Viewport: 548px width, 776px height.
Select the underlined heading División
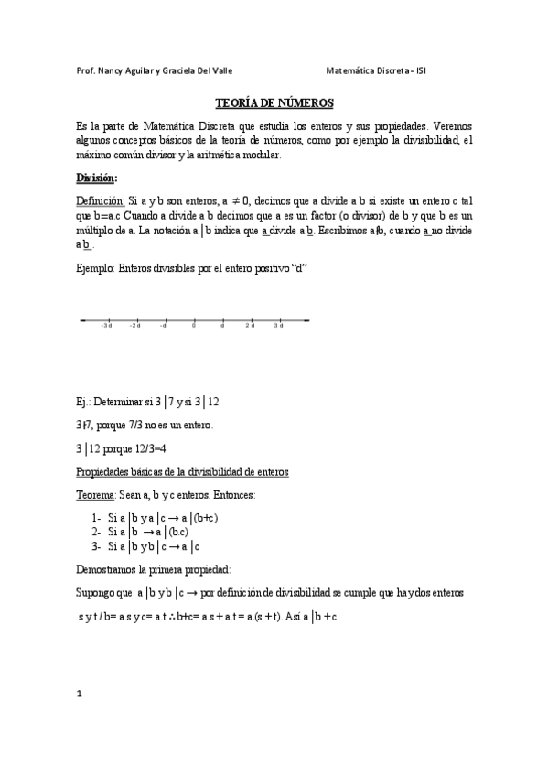[x=96, y=178]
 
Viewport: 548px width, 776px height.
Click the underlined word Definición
[x=100, y=200]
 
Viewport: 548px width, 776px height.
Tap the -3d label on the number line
[x=106, y=326]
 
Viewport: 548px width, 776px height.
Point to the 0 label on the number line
[x=193, y=326]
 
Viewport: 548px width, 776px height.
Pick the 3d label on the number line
[x=277, y=326]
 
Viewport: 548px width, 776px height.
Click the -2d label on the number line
[x=134, y=326]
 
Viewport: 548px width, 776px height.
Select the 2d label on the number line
[x=250, y=326]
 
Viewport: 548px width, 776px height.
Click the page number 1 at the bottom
[x=80, y=694]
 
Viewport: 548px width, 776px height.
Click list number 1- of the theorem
[x=96, y=517]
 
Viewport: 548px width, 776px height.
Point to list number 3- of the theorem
[x=96, y=546]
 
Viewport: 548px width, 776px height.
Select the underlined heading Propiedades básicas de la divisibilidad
[x=182, y=472]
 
